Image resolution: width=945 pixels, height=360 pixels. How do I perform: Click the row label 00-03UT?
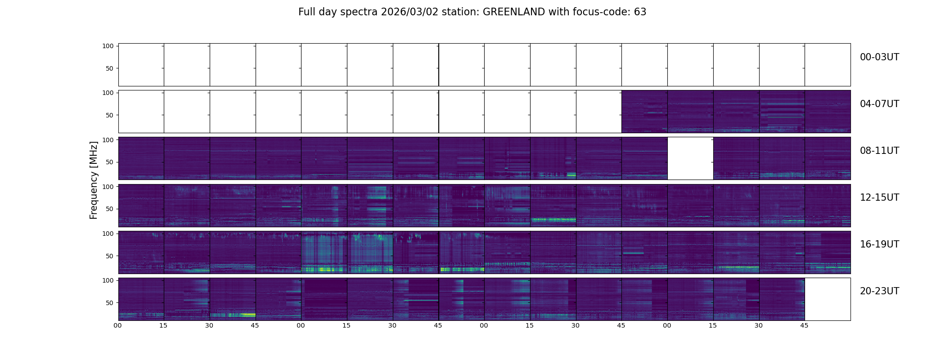(x=879, y=57)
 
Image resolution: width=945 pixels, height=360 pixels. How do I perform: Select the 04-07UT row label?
(x=879, y=104)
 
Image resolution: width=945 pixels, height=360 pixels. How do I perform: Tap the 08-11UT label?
(x=879, y=151)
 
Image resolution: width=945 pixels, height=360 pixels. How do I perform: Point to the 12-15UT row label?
(x=879, y=198)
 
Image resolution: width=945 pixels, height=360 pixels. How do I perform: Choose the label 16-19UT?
(x=879, y=244)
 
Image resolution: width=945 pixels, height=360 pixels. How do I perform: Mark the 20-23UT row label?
(x=879, y=291)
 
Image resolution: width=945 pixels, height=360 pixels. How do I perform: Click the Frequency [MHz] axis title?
(x=94, y=180)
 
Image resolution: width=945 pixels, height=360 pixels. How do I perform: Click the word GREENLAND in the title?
(x=513, y=12)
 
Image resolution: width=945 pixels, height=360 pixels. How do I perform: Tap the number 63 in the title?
(x=640, y=12)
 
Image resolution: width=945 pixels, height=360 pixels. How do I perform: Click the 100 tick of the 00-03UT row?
(x=108, y=46)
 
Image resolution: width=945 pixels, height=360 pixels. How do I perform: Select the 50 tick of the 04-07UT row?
(x=110, y=115)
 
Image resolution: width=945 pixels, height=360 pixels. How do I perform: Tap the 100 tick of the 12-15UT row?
(x=108, y=186)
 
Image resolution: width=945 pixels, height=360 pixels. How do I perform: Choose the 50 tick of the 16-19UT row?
(x=110, y=256)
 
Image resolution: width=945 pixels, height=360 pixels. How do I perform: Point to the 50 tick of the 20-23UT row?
(x=110, y=303)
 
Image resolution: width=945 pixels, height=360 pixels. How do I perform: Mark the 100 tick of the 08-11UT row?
(x=108, y=139)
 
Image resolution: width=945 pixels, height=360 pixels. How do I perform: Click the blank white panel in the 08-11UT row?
(x=690, y=158)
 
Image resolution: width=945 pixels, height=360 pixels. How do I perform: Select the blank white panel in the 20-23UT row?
(x=828, y=299)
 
